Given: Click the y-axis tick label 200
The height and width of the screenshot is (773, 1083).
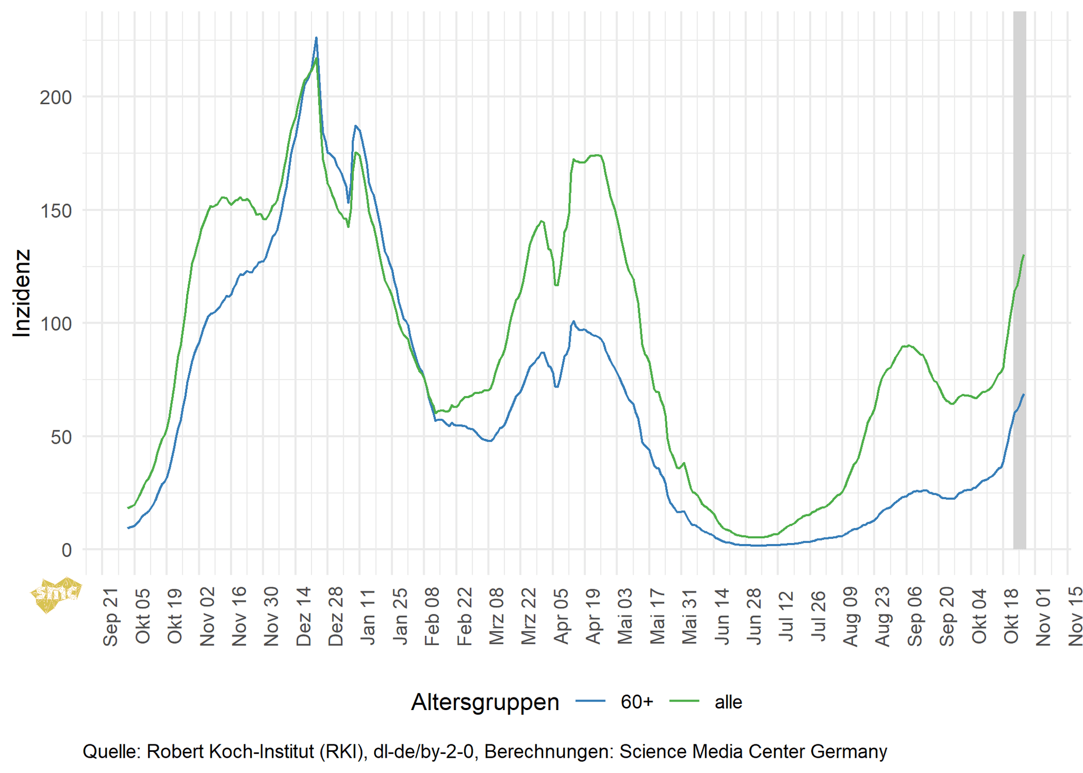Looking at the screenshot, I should [x=56, y=97].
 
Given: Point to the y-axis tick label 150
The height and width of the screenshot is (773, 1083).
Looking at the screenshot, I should [x=56, y=210].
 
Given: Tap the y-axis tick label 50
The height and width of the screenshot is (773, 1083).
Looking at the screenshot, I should [x=61, y=437].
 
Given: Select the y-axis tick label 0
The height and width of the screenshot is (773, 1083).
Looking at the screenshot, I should [x=67, y=550].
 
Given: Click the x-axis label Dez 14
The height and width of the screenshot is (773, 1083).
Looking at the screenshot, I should [x=304, y=616].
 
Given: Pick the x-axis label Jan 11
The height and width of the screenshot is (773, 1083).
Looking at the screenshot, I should [x=368, y=616].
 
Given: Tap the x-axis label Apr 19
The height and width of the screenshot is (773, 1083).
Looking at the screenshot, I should [x=593, y=616].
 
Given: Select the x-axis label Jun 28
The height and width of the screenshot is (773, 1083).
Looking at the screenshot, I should [x=754, y=616].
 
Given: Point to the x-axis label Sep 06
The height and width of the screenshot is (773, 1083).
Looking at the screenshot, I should [x=915, y=616].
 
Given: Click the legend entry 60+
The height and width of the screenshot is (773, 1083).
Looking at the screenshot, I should [x=636, y=702].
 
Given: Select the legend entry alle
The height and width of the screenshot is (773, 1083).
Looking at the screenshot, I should [x=728, y=702].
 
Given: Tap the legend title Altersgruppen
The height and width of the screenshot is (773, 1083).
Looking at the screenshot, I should [x=485, y=702].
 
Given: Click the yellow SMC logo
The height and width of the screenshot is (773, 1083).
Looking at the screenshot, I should [x=56, y=594].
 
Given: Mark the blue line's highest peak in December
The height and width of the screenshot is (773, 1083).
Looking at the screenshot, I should [x=316, y=38].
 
